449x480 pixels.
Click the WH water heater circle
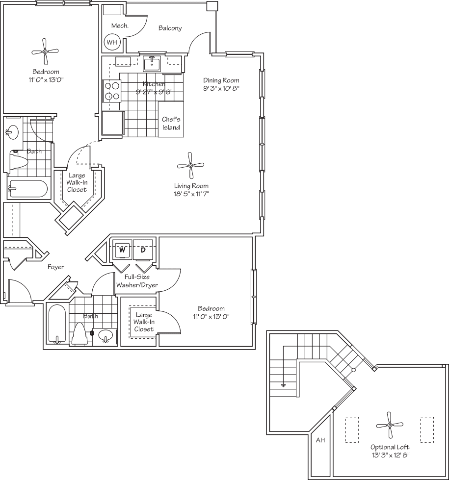[x=112, y=42]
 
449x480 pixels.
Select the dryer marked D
[x=143, y=250]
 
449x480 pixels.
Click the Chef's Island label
[x=171, y=124]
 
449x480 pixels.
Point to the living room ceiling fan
[x=190, y=166]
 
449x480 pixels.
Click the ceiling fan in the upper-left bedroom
[x=45, y=51]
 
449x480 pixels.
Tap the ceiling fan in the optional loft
[x=390, y=425]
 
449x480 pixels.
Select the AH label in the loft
[x=320, y=440]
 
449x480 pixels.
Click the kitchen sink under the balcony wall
[x=152, y=63]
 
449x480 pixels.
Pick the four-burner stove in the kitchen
[x=112, y=91]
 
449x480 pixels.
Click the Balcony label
[x=170, y=28]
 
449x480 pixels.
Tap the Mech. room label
[x=120, y=25]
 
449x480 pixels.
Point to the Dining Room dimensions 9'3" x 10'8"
[x=221, y=88]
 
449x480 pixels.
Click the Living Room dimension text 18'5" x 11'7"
[x=191, y=194]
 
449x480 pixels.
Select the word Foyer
[x=55, y=267]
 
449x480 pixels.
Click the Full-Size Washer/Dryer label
[x=137, y=281]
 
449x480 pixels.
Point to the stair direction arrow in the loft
[x=284, y=385]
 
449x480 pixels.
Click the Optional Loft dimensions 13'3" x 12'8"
[x=390, y=455]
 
